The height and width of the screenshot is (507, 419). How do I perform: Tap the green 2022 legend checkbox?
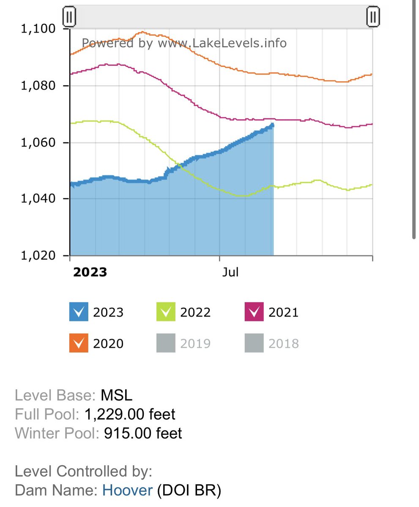tap(166, 312)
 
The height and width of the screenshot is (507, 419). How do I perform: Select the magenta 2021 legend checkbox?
tap(254, 312)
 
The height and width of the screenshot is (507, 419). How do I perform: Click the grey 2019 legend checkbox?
tap(166, 343)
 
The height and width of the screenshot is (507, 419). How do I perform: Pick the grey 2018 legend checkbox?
tap(254, 343)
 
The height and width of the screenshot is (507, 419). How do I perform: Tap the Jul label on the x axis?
tap(230, 272)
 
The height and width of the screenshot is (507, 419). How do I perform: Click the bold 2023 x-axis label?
tap(90, 272)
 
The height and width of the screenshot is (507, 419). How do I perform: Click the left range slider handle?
tap(69, 17)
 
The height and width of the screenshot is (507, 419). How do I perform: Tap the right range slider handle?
tap(373, 17)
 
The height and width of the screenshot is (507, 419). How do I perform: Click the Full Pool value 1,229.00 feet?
tap(130, 414)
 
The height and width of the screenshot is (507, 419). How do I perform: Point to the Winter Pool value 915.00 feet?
tap(143, 433)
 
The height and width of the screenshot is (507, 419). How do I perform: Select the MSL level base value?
tap(116, 395)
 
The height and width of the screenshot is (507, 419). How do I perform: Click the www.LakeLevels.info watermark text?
tap(222, 43)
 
